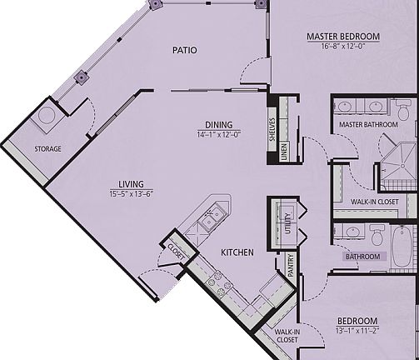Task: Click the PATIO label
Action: (x=185, y=50)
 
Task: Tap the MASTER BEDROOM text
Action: (x=342, y=37)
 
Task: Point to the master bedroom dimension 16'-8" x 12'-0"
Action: (x=342, y=47)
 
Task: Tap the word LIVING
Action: (x=131, y=184)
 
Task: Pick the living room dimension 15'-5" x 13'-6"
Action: (x=131, y=194)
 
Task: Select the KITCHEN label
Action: (x=237, y=252)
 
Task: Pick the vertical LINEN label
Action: (x=284, y=152)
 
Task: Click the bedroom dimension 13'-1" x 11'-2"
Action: (x=357, y=331)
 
